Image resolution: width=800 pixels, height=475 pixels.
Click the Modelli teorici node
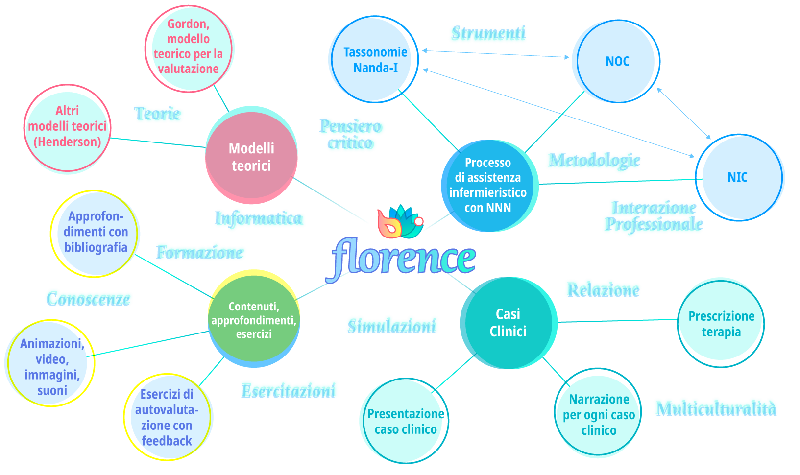point(251,157)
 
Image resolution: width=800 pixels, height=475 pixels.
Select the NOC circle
point(616,61)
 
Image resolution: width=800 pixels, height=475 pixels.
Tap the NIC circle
point(739,177)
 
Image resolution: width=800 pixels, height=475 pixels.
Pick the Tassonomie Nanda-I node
point(374,60)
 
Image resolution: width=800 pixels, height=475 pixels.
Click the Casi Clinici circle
point(508,323)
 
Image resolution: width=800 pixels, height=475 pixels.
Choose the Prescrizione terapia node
point(721,324)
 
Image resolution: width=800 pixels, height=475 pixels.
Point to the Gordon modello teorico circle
point(189,48)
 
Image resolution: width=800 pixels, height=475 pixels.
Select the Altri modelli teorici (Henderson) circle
point(68,127)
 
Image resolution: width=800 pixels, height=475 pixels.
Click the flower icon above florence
point(399,222)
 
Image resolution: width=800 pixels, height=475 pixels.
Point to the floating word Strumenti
point(488,33)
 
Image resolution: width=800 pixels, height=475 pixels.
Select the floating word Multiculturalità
point(716,408)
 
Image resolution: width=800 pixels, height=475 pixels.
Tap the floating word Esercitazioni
point(289,391)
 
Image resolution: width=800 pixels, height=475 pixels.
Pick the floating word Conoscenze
point(89,299)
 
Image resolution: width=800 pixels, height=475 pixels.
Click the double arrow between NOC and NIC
point(684,114)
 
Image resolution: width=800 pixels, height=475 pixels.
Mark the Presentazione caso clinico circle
point(405,421)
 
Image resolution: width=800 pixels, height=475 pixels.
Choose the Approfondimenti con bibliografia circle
point(95,233)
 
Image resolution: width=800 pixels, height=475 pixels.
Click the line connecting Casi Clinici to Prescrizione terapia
point(617,321)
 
